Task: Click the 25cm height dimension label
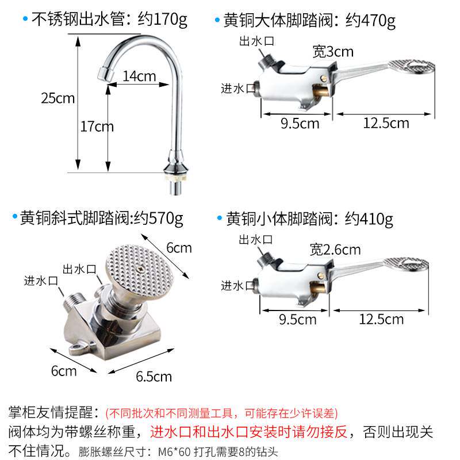[x=57, y=98]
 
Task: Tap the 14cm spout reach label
[x=139, y=76]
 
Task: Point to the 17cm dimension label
[x=97, y=126]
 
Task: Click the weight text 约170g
[x=162, y=21]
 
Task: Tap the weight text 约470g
[x=370, y=21]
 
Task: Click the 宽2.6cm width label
[x=335, y=250]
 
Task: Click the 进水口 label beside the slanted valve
[x=41, y=281]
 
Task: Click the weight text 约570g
[x=159, y=218]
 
